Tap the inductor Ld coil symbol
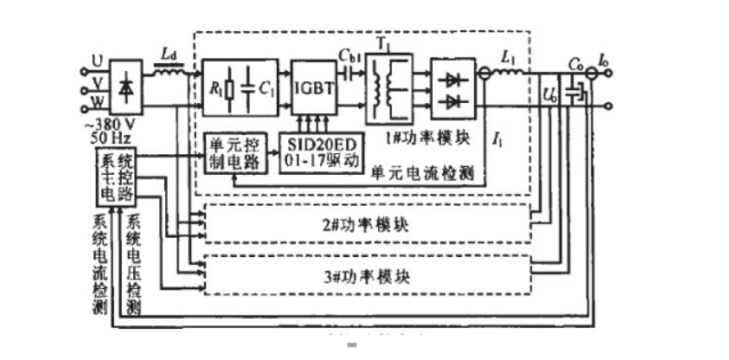(168, 70)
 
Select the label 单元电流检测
(426, 174)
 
